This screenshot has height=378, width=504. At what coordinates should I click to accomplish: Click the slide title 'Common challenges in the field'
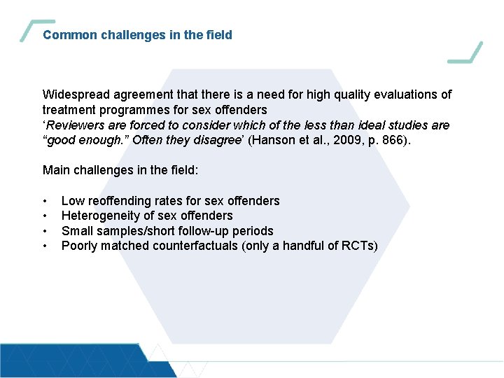click(137, 34)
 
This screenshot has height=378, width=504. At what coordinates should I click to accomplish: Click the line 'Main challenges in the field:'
click(120, 170)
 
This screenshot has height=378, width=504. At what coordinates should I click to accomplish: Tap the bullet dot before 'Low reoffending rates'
click(45, 202)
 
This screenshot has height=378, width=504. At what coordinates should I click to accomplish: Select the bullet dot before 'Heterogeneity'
click(45, 216)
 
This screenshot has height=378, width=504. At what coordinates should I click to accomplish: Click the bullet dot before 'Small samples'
click(45, 231)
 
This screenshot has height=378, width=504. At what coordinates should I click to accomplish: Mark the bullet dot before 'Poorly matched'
click(45, 246)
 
